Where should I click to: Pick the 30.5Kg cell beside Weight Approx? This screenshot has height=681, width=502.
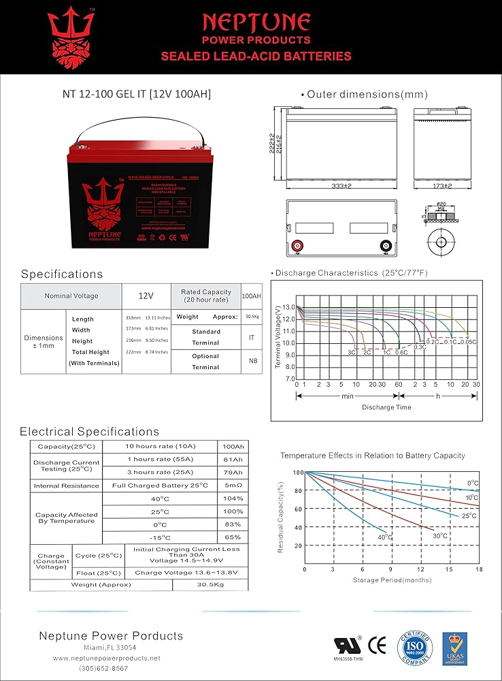(252, 317)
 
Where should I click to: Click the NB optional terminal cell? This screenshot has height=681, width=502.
(252, 362)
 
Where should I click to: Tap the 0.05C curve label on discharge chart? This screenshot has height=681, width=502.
(467, 342)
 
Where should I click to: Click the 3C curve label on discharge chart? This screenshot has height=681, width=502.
(352, 353)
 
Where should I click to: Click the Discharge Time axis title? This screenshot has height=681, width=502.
(386, 407)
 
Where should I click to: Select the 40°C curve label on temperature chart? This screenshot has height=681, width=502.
(385, 537)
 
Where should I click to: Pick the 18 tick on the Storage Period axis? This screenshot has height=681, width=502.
(479, 569)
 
